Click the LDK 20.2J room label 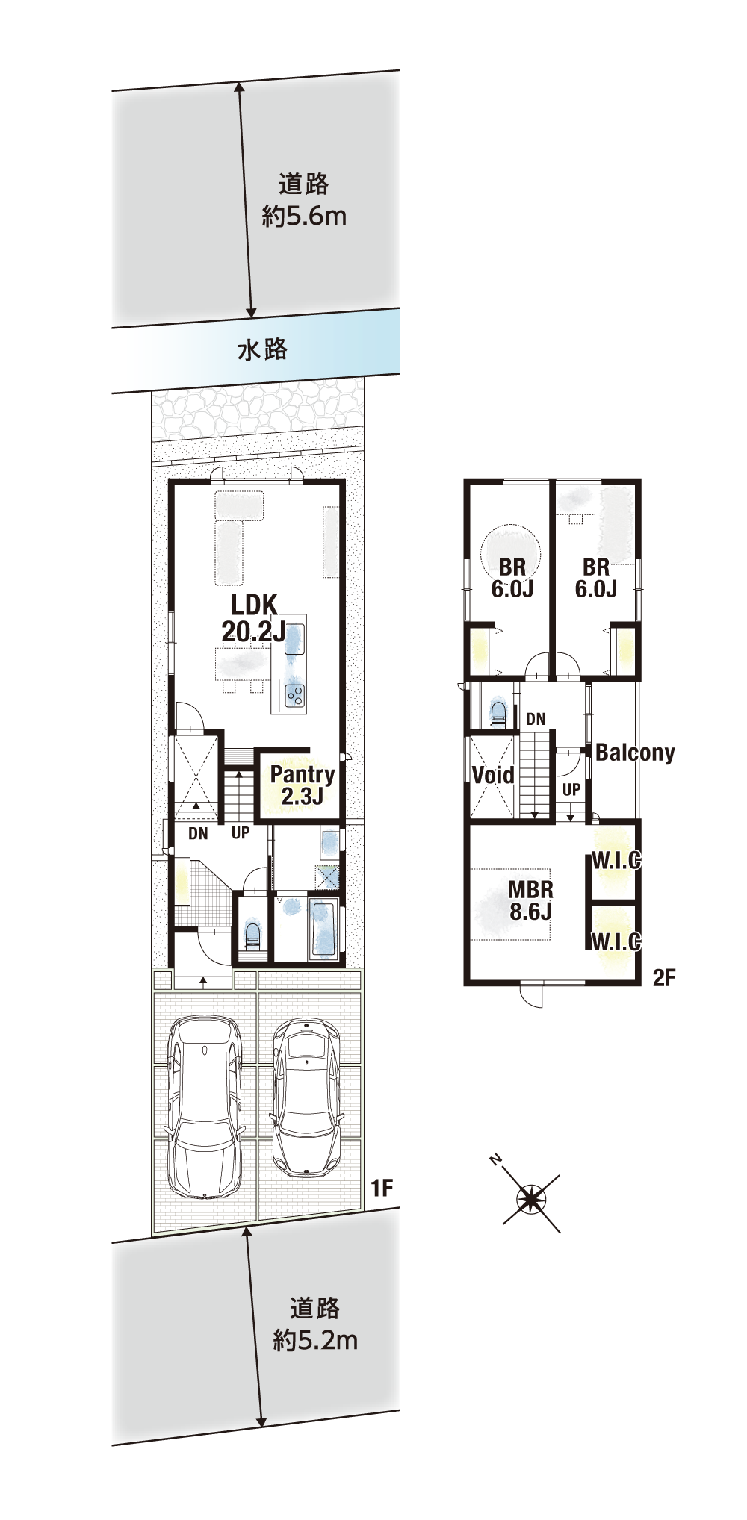[253, 617]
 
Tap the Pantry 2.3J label [302, 785]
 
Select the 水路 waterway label [262, 349]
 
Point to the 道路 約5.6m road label [304, 200]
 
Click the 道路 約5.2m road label [315, 1324]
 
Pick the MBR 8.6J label [530, 900]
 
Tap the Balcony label [635, 753]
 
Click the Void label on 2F [493, 775]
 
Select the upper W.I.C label [616, 860]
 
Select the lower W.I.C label [616, 941]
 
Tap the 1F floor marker [382, 1188]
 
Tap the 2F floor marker [664, 977]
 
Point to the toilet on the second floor [498, 713]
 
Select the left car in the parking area [205, 1107]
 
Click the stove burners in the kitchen [295, 696]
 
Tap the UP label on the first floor [241, 832]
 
